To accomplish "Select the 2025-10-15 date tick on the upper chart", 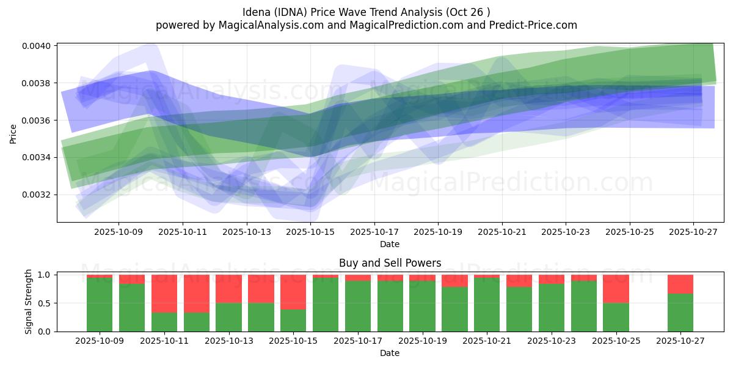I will [310, 232].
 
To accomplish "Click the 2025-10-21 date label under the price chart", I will [502, 232].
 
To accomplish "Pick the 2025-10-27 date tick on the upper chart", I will [694, 232].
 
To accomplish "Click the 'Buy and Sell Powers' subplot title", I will [390, 264].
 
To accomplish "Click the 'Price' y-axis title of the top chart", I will [13, 133].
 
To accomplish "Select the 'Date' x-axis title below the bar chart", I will [390, 353].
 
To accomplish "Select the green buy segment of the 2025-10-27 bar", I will [680, 313].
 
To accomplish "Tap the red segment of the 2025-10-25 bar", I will [616, 289].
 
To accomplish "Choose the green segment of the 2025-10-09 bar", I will [100, 305].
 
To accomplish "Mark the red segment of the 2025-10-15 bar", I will [293, 292].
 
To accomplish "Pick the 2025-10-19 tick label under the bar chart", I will [422, 341].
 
